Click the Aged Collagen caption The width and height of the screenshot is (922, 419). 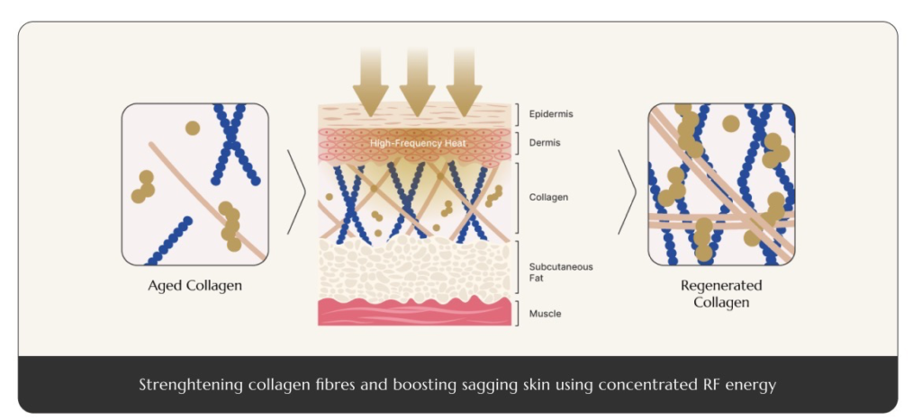[x=194, y=286]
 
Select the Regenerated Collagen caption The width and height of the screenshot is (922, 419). [x=721, y=293]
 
